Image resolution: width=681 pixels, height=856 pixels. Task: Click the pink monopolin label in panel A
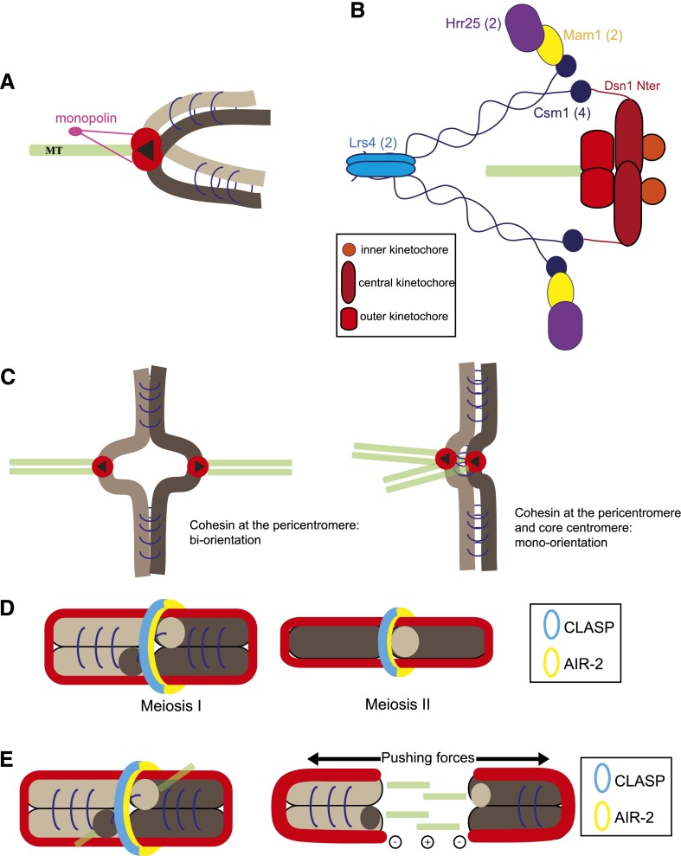[x=86, y=118]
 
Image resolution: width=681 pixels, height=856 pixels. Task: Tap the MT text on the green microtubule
[x=54, y=151]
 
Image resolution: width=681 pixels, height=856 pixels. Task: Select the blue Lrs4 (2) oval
[x=381, y=165]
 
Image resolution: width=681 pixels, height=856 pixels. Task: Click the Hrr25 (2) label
[x=473, y=23]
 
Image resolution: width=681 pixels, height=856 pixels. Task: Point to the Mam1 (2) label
[x=593, y=35]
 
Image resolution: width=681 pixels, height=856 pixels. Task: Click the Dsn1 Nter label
[x=632, y=86]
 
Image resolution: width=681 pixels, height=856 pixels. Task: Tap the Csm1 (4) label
[x=562, y=113]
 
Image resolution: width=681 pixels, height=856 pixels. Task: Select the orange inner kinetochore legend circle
[x=349, y=250]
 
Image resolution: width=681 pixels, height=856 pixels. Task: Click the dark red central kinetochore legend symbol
[x=348, y=282]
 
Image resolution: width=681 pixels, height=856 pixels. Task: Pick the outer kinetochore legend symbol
[x=349, y=319]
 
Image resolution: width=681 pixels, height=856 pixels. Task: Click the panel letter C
[x=8, y=377]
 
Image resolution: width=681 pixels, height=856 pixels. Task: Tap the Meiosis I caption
[x=170, y=705]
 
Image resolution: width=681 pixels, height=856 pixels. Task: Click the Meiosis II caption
[x=397, y=705]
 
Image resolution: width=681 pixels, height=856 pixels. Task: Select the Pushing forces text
[x=427, y=757]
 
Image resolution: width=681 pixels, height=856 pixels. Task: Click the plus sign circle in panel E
[x=427, y=842]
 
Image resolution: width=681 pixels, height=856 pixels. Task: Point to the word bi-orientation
[x=225, y=540]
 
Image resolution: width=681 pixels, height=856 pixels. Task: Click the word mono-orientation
[x=561, y=543]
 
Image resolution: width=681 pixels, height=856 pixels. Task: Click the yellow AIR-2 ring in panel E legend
[x=602, y=816]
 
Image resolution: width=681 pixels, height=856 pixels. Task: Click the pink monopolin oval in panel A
[x=76, y=132]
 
